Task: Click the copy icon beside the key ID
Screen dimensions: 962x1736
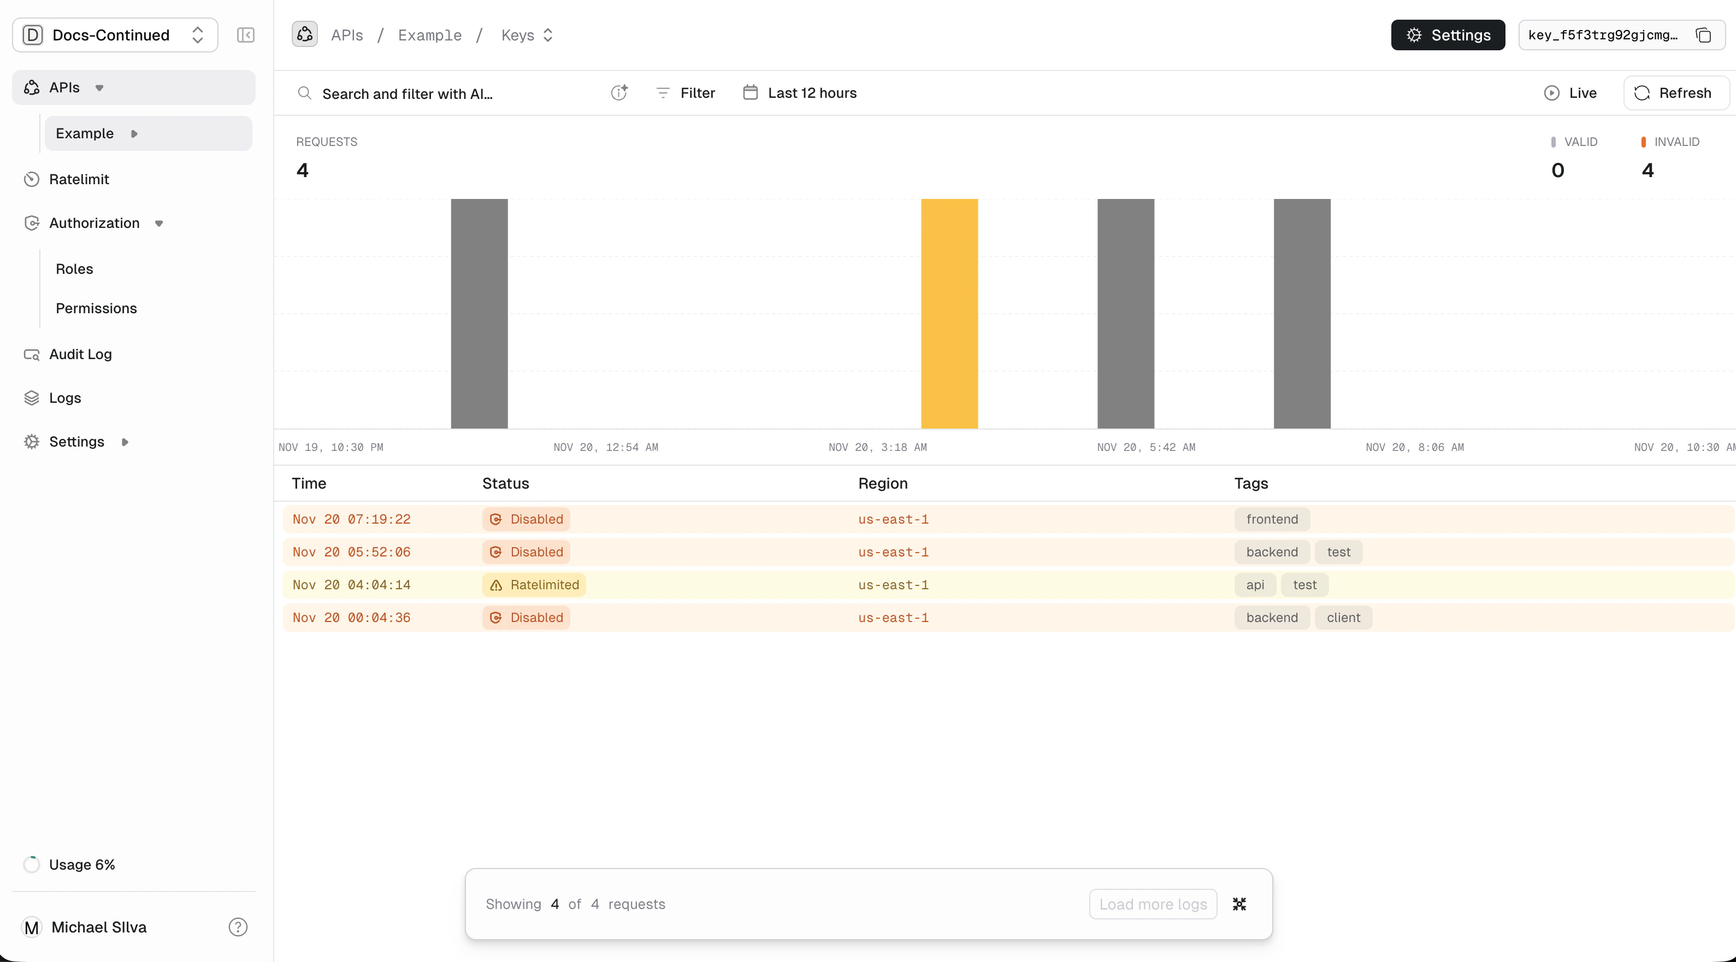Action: pyautogui.click(x=1703, y=35)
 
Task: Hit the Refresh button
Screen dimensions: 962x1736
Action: pyautogui.click(x=1675, y=93)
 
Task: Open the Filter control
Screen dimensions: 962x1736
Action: pyautogui.click(x=686, y=93)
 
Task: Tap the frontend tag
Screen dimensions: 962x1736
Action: pyautogui.click(x=1272, y=519)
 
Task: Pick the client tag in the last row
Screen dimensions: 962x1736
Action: pyautogui.click(x=1343, y=618)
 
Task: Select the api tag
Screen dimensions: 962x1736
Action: pyautogui.click(x=1255, y=584)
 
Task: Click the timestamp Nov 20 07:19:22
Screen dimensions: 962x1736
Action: pyautogui.click(x=351, y=519)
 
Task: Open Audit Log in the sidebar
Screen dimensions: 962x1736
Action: pyautogui.click(x=80, y=354)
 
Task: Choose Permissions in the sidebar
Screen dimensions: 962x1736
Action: pyautogui.click(x=96, y=308)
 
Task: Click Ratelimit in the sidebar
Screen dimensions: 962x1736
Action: pyautogui.click(x=79, y=179)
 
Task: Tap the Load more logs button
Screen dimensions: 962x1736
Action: pyautogui.click(x=1153, y=904)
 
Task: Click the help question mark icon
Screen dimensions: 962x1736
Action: pyautogui.click(x=238, y=927)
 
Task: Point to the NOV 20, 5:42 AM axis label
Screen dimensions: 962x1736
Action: pyautogui.click(x=1145, y=447)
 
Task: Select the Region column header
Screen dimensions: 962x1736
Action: pyautogui.click(x=883, y=483)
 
